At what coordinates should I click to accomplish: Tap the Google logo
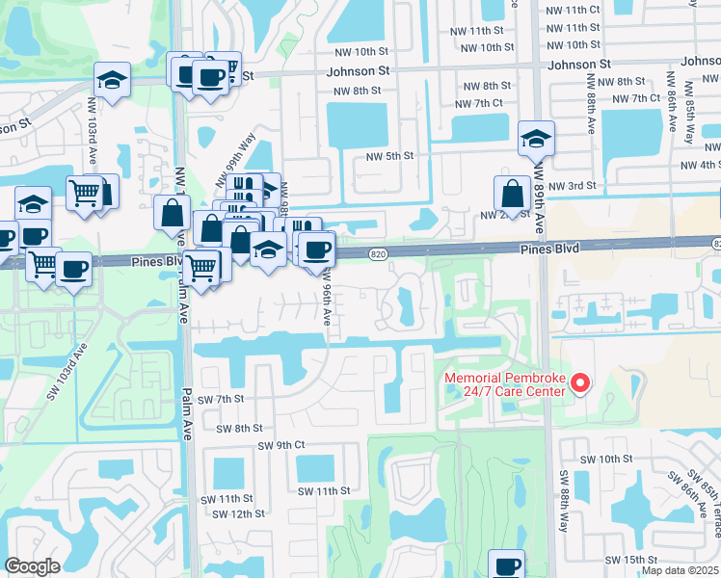tap(32, 566)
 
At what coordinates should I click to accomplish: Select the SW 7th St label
tap(221, 399)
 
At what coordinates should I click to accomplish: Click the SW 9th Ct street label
tap(281, 445)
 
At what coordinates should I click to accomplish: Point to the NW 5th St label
tap(389, 155)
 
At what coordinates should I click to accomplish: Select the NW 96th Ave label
tap(328, 302)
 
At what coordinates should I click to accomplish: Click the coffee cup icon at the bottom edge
tap(506, 565)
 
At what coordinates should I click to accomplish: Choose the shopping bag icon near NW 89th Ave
tap(512, 193)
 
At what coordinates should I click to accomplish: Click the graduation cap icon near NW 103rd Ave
tap(113, 81)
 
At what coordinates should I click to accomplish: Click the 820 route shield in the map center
tap(378, 253)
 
